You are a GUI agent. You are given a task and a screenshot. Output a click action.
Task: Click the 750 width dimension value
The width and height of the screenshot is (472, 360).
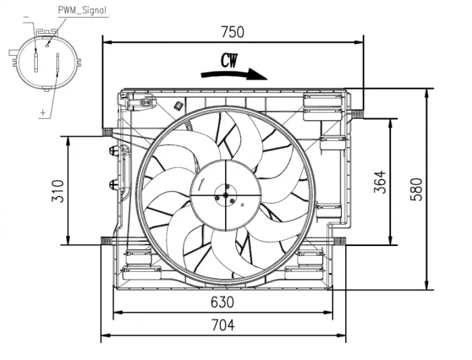(x=232, y=32)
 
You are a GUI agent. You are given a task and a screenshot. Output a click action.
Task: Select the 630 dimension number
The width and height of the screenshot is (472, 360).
(x=222, y=301)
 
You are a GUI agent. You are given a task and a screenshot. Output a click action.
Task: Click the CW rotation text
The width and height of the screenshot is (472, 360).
(x=229, y=61)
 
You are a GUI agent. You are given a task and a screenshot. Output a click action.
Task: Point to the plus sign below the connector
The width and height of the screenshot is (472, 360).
(x=43, y=112)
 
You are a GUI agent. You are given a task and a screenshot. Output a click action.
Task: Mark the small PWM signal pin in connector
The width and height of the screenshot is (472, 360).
(x=47, y=45)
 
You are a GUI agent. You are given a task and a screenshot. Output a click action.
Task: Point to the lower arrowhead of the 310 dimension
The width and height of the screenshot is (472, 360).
(x=67, y=240)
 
